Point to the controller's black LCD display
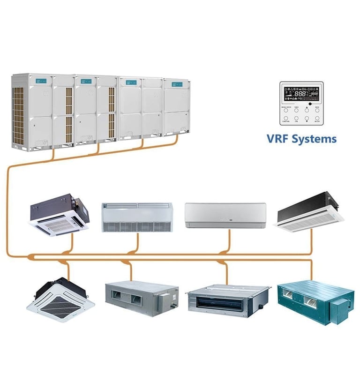(301, 94)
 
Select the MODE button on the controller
(317, 110)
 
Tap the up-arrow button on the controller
(307, 110)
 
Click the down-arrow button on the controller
(307, 118)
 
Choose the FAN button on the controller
(296, 118)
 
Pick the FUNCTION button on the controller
(286, 118)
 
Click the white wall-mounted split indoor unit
(225, 215)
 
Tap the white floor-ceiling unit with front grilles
(137, 217)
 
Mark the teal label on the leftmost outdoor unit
(39, 81)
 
